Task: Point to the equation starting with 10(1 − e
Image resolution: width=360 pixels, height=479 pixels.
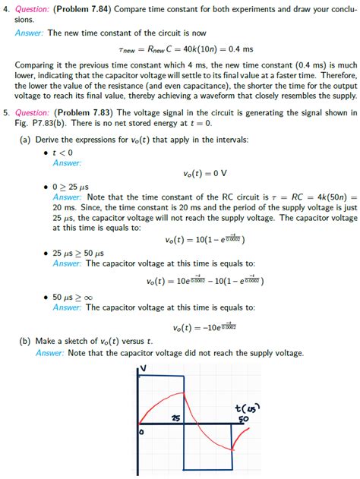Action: pos(204,240)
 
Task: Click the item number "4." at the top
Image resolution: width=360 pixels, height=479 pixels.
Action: pos(6,8)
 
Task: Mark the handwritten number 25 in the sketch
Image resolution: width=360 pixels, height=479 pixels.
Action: pos(175,418)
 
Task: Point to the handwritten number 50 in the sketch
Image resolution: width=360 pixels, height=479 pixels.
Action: pos(244,420)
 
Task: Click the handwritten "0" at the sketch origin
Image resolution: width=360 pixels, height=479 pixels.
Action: pos(141,432)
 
